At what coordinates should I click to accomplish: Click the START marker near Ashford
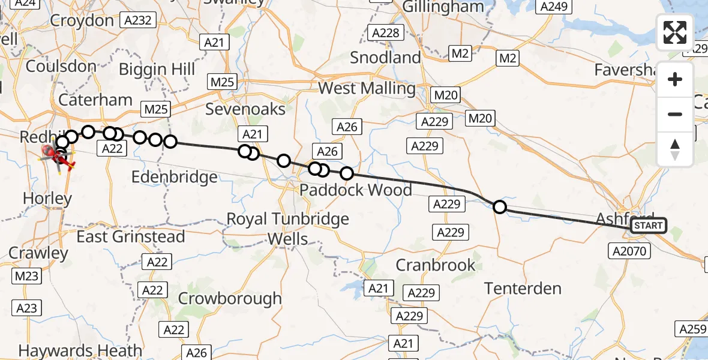(649, 226)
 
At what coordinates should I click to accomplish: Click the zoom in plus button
(675, 80)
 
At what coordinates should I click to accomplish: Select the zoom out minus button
(675, 114)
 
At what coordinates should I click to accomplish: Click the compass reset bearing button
(675, 149)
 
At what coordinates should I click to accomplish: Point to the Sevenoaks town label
(245, 109)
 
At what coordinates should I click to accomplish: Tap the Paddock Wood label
(356, 190)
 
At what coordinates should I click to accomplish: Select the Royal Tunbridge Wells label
(288, 229)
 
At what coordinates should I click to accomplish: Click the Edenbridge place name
(174, 178)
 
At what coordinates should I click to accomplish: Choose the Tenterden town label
(523, 289)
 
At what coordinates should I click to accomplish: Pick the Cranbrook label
(436, 265)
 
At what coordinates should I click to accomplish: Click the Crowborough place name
(230, 298)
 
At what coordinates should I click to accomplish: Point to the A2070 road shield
(629, 250)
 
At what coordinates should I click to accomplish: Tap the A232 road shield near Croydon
(137, 21)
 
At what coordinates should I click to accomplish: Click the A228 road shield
(385, 32)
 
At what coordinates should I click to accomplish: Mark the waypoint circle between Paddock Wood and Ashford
(499, 208)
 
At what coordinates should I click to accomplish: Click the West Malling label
(367, 88)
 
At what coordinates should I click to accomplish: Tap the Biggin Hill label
(157, 69)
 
